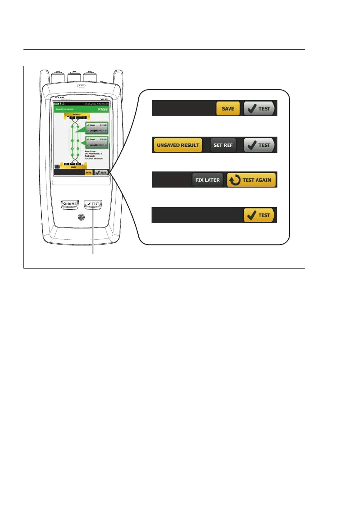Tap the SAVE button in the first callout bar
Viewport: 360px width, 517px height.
[228, 109]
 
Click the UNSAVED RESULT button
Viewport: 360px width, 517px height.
[178, 145]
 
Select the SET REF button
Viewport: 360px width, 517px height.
[223, 145]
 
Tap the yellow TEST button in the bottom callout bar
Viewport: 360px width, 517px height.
[259, 215]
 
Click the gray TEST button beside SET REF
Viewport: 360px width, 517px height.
[260, 145]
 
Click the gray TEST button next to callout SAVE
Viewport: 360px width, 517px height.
[260, 109]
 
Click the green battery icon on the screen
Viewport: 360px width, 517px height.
[57, 104]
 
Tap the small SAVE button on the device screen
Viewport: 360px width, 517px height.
[89, 172]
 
